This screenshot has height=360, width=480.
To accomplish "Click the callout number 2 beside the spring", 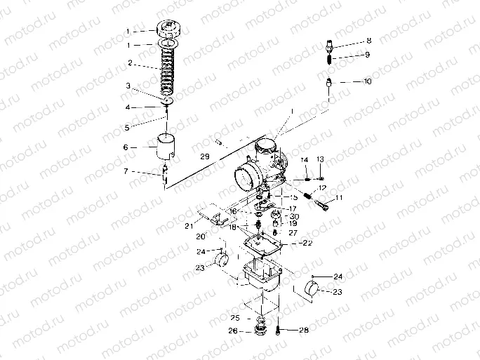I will tap(129, 63).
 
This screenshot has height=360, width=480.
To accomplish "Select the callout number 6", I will tap(126, 147).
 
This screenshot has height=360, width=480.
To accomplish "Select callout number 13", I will tap(321, 160).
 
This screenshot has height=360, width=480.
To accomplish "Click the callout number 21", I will tap(188, 225).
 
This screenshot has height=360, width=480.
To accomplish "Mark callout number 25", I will tap(234, 318).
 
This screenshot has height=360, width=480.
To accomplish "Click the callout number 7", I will tap(126, 171).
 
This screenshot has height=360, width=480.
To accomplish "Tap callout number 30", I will tap(293, 216).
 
